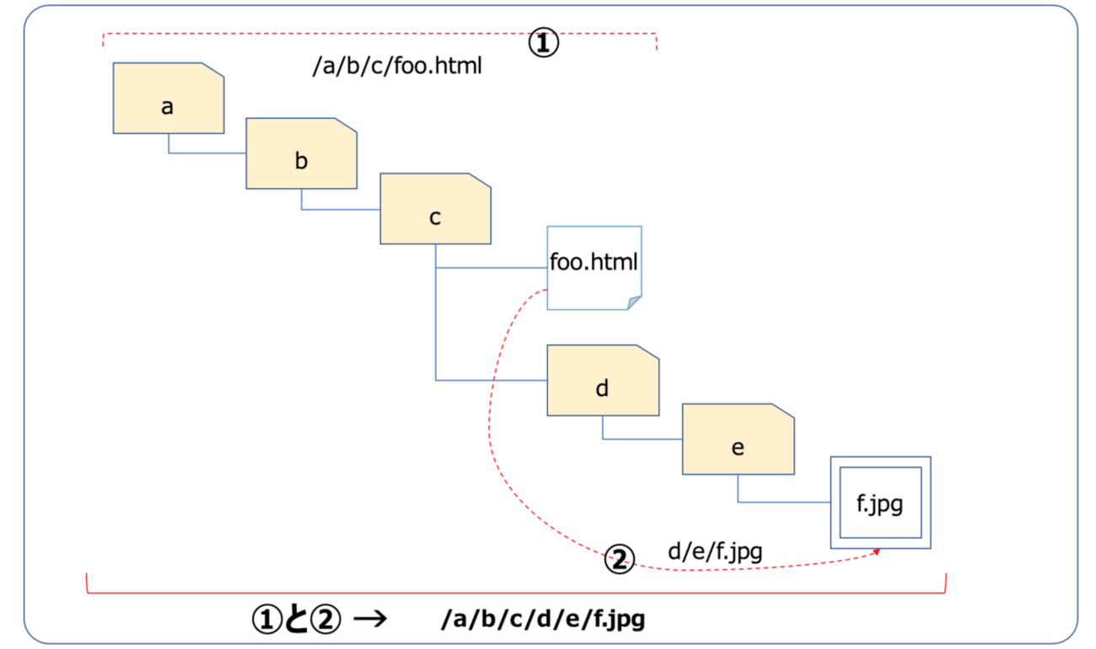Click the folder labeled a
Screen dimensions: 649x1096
point(169,98)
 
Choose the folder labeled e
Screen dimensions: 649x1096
point(738,439)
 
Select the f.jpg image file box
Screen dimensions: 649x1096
point(880,503)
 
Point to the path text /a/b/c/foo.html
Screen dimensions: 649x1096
point(397,67)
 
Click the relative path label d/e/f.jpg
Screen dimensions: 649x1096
point(715,553)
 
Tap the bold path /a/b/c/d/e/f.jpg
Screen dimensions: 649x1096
point(543,620)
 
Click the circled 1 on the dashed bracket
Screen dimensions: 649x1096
point(544,43)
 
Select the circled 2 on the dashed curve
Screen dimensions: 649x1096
point(619,560)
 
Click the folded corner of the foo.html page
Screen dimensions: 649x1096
point(635,303)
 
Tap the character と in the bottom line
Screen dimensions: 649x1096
point(296,619)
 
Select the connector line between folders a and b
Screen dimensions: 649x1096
point(207,153)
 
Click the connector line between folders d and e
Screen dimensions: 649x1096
point(641,439)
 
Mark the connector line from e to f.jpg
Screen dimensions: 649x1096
point(784,502)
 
